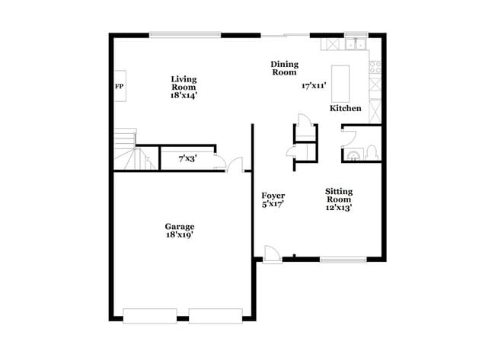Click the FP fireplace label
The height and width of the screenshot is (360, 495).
(x=119, y=87)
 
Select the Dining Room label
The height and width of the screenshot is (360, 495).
(x=285, y=68)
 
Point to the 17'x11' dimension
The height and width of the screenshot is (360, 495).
(x=314, y=87)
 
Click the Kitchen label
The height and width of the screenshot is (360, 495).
(x=345, y=109)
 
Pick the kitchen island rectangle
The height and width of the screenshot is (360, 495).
(x=340, y=83)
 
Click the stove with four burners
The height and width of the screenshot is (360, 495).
(x=374, y=67)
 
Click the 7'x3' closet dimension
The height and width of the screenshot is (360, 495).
(x=185, y=159)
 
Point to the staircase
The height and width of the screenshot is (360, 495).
(x=126, y=150)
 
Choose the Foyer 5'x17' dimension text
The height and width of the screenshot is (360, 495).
(x=273, y=204)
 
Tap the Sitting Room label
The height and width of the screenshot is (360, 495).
(x=339, y=195)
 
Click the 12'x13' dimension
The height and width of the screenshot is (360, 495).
(x=339, y=207)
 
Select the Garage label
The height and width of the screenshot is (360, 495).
(x=180, y=226)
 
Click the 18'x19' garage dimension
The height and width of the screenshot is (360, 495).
(x=180, y=235)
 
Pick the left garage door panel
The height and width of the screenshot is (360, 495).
(x=150, y=315)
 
